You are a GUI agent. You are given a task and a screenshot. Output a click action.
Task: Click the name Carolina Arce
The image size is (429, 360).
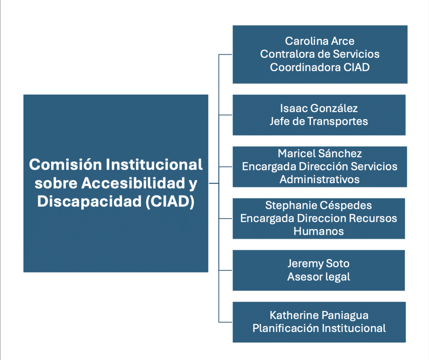click(320, 41)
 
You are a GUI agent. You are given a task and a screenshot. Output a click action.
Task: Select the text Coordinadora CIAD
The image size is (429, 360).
click(320, 67)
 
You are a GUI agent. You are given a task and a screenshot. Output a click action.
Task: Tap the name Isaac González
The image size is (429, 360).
click(319, 108)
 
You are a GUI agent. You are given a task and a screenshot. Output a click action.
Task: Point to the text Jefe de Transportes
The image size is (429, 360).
click(319, 121)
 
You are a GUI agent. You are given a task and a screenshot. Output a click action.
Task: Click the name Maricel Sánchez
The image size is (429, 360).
click(320, 153)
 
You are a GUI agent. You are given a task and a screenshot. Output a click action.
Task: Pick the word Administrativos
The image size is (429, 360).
click(320, 179)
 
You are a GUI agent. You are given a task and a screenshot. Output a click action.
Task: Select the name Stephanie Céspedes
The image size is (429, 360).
click(318, 205)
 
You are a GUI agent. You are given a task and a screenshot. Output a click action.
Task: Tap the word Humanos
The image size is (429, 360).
click(318, 231)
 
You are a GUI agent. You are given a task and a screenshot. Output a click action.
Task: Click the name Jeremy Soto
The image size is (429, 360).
click(318, 263)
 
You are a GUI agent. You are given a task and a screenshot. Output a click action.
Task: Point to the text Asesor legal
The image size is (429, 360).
click(318, 277)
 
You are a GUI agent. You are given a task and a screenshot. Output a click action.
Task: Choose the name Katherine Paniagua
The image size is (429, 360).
click(319, 316)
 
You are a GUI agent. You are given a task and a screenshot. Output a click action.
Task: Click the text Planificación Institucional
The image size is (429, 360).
click(319, 328)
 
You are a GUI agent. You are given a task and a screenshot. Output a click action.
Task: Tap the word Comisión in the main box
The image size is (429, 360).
click(65, 164)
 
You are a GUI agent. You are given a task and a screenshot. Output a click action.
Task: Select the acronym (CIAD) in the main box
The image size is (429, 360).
click(170, 201)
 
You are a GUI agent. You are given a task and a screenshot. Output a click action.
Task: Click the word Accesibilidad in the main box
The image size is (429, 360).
click(133, 183)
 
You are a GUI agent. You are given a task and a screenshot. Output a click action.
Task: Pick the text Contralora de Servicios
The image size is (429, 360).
click(320, 54)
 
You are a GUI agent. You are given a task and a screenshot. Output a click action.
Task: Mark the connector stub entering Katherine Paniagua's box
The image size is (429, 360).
click(225, 322)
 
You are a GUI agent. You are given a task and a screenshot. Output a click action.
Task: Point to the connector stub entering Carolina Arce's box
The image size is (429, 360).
click(225, 55)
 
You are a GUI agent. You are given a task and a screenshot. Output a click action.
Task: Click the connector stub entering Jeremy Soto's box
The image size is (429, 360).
click(225, 270)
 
